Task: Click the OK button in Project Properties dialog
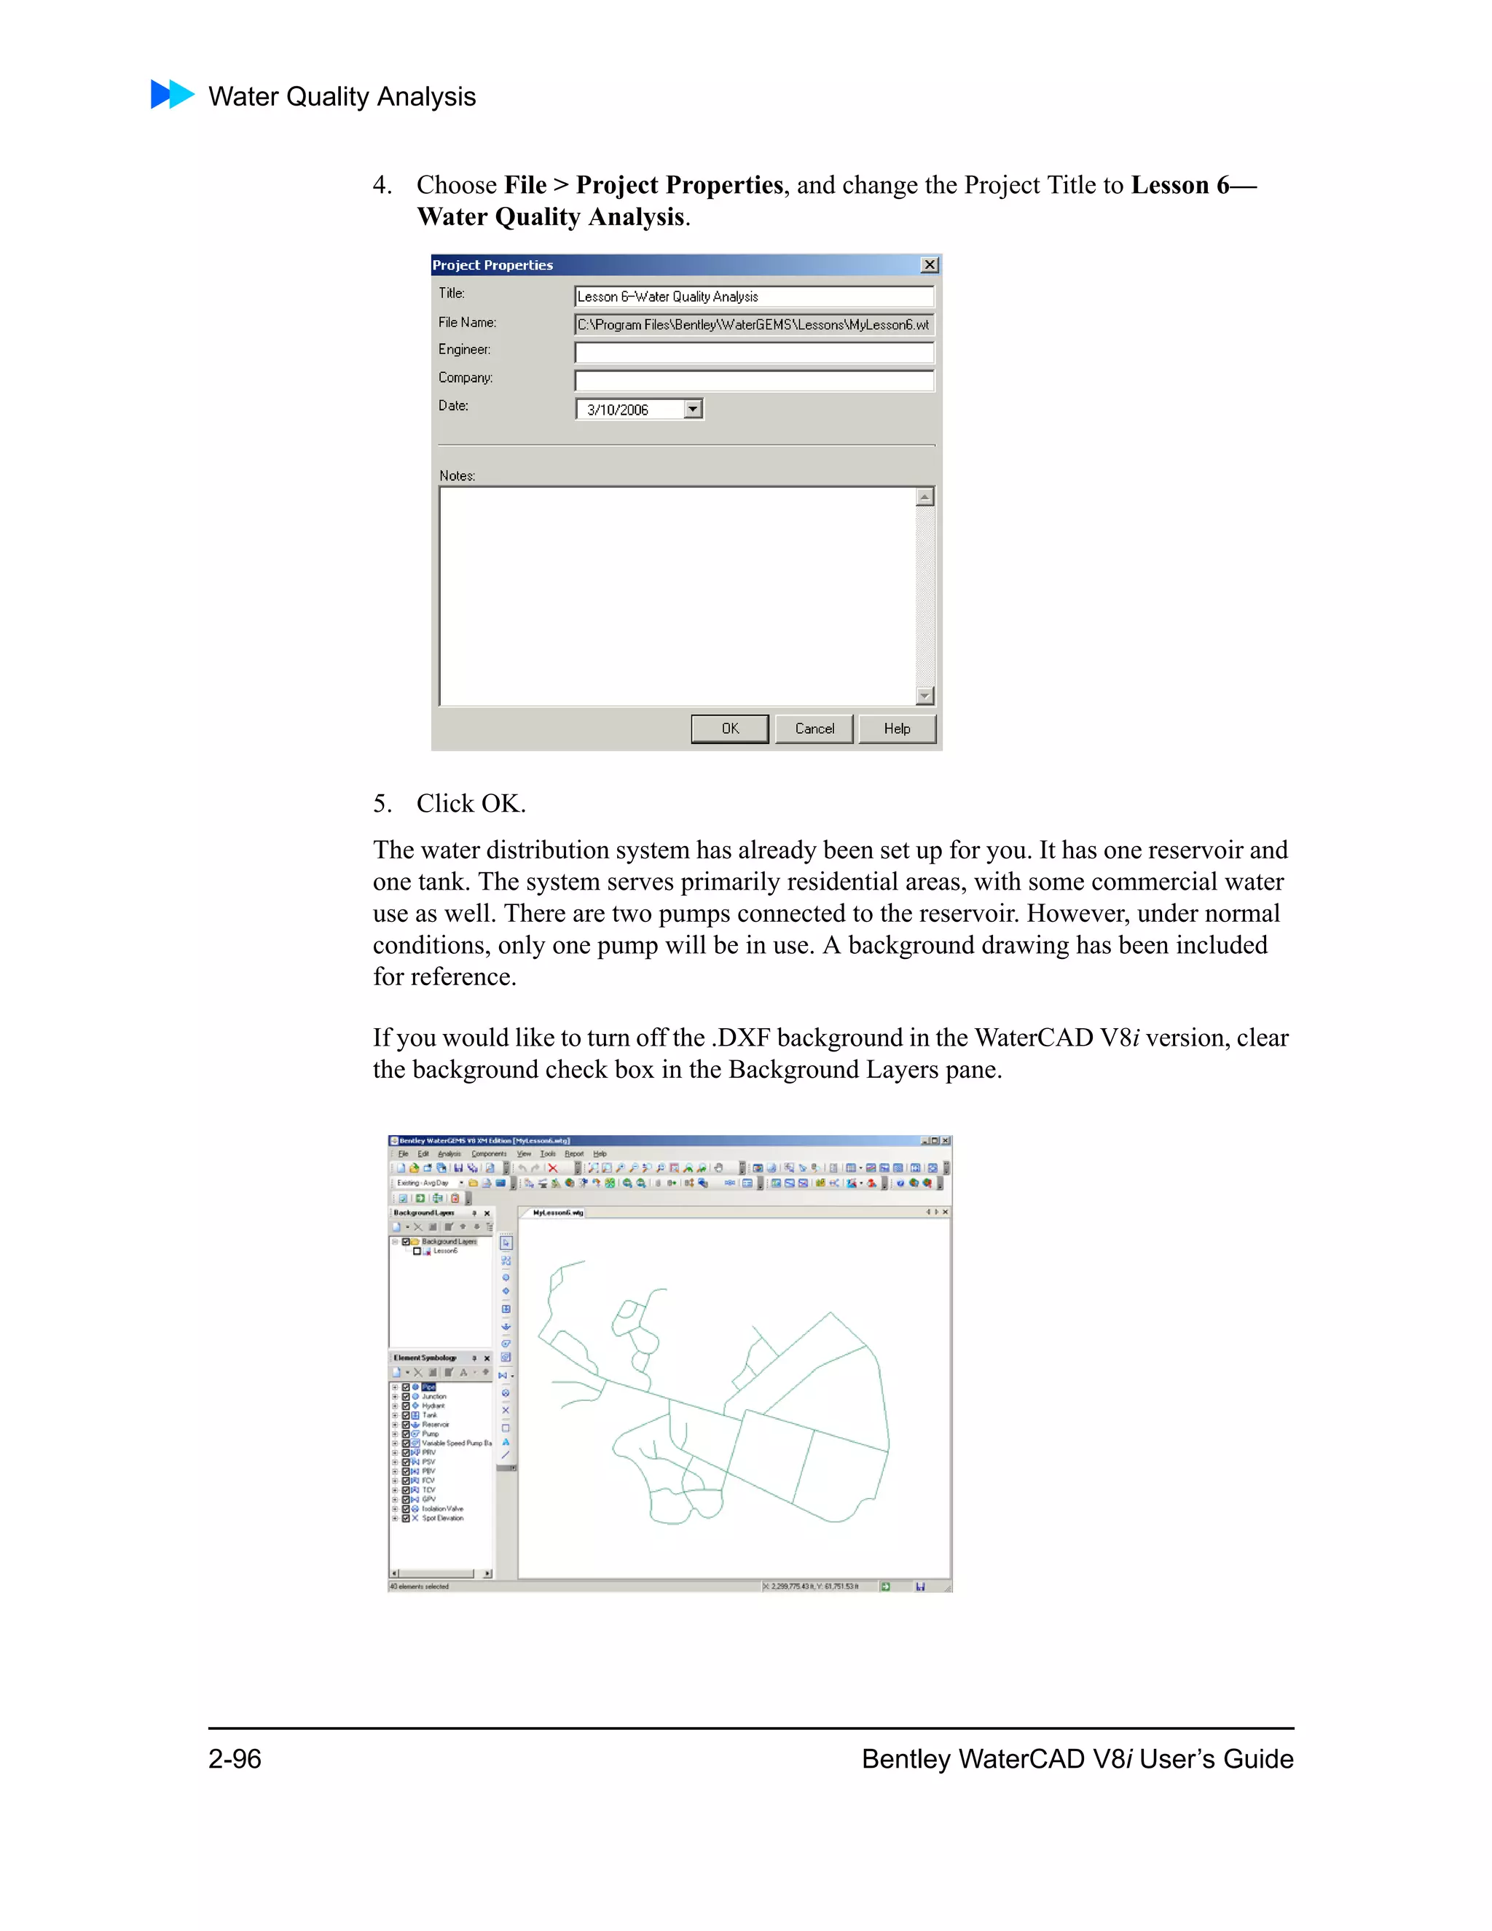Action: pos(729,729)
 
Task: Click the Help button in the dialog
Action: pos(896,729)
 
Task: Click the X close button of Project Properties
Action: pos(929,265)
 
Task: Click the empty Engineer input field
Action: pos(753,353)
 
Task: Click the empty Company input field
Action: pos(753,381)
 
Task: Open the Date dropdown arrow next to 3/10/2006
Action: pos(693,410)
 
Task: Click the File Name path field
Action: pos(753,324)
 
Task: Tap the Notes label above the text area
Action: pos(457,476)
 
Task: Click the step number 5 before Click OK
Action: pos(381,804)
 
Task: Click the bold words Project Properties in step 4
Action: pos(679,185)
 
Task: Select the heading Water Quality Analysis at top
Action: pos(342,96)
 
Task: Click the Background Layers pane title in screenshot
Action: pos(424,1213)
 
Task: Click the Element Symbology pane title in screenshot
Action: pos(425,1358)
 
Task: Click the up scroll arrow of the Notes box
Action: pos(924,497)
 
